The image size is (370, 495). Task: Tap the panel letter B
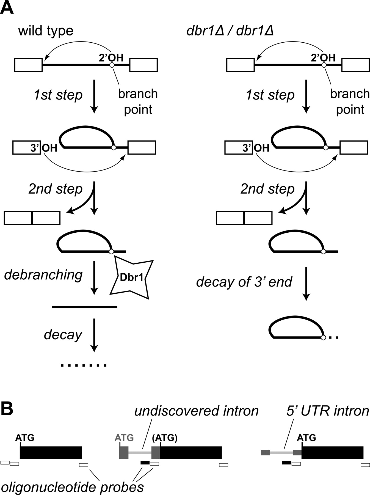[x=7, y=409]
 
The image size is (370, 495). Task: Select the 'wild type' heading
[x=46, y=31]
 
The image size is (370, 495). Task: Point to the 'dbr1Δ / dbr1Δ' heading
[x=230, y=31]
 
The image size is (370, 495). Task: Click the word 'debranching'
[x=43, y=275]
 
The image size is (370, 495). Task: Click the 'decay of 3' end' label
[x=244, y=282]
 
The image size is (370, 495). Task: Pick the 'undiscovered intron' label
[x=196, y=411]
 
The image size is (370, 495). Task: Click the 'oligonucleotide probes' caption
[x=72, y=487]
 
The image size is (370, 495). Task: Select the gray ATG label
[x=124, y=438]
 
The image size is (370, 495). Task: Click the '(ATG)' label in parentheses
[x=165, y=438]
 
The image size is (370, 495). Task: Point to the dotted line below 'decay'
[x=84, y=365]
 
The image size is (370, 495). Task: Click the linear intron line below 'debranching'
[x=85, y=307]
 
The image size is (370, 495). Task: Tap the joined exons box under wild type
[x=32, y=218]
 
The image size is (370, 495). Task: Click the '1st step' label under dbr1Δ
[x=270, y=95]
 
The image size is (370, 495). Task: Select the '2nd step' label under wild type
[x=55, y=189]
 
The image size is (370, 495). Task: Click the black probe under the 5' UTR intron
[x=287, y=463]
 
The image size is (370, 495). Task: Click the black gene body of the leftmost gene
[x=51, y=452]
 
